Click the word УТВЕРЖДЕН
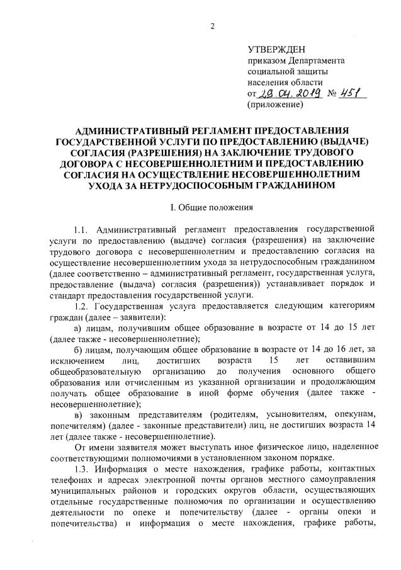(276, 48)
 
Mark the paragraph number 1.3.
(82, 471)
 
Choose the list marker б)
(79, 350)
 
